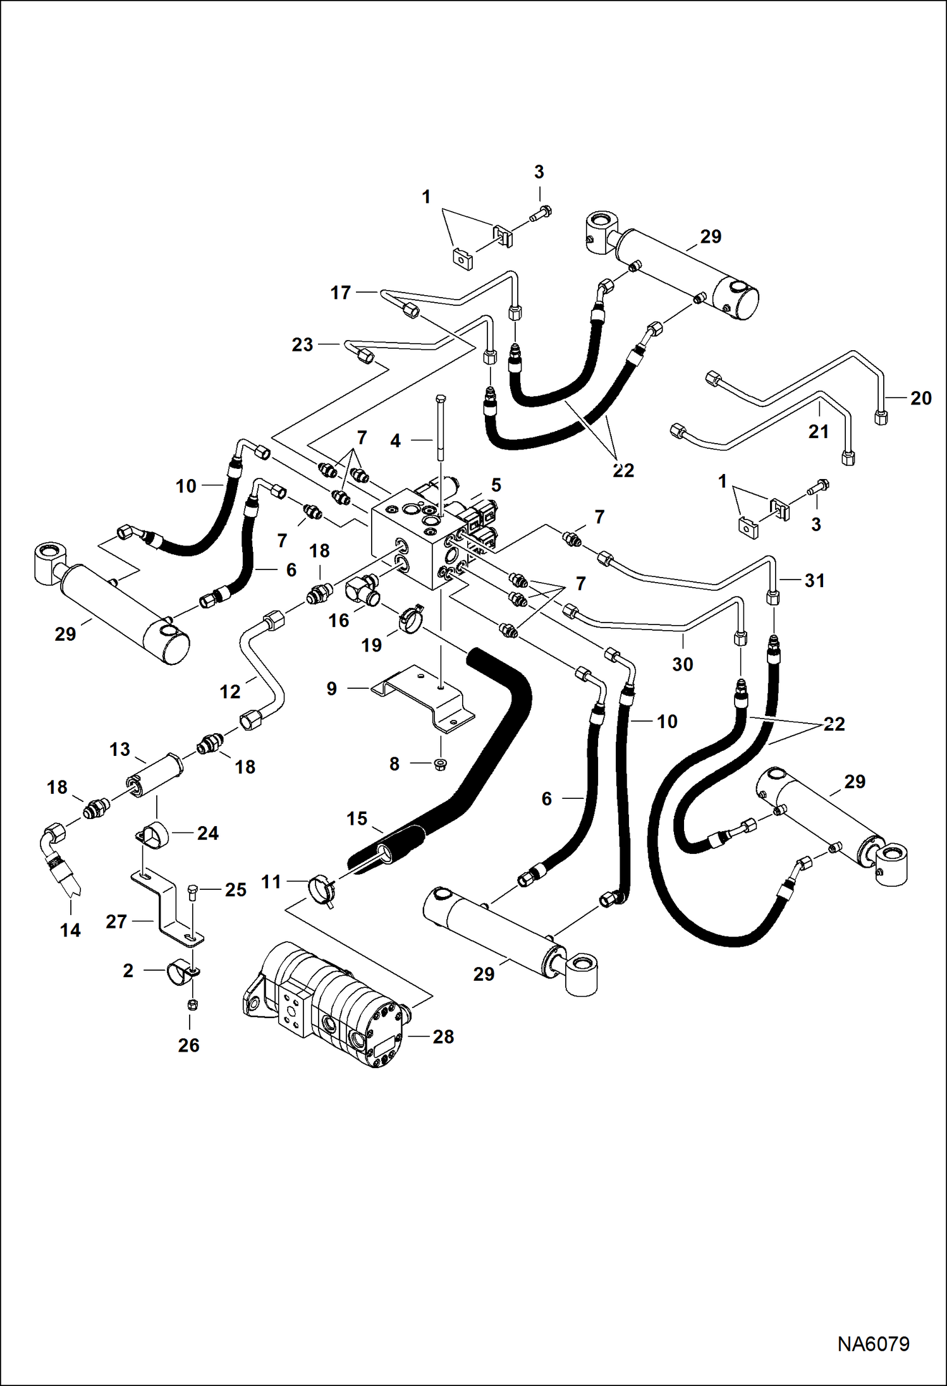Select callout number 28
[443, 1036]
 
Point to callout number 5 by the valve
[496, 485]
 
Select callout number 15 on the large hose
[357, 819]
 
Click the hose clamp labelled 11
[320, 888]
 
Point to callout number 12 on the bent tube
[230, 692]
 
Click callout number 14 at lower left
[70, 930]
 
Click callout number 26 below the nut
[188, 1045]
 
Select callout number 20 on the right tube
[920, 398]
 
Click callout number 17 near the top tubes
[341, 293]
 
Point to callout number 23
[302, 345]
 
